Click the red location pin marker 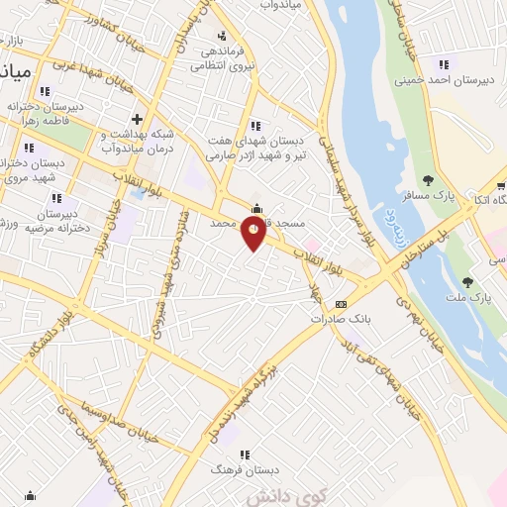coord(254,234)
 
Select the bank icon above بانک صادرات coord(342,304)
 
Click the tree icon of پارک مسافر coord(428,180)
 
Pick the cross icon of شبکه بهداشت coord(138,120)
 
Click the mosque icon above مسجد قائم coord(257,209)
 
